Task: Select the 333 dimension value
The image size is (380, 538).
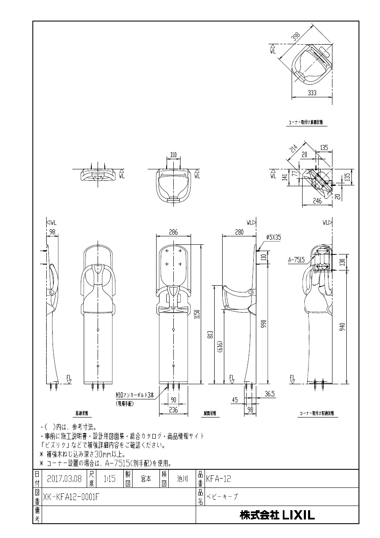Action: pos(312,94)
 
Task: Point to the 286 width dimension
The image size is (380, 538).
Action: pos(173,232)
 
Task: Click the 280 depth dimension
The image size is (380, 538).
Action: pos(239,232)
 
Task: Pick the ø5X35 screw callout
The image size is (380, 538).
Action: pos(273,238)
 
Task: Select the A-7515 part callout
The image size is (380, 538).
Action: pos(297,260)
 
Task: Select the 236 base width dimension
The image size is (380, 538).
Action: pos(173,410)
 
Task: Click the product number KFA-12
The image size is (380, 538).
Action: pos(219,479)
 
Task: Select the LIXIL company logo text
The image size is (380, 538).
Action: pos(277,515)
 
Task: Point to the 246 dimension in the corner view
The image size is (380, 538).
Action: pos(317,201)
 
